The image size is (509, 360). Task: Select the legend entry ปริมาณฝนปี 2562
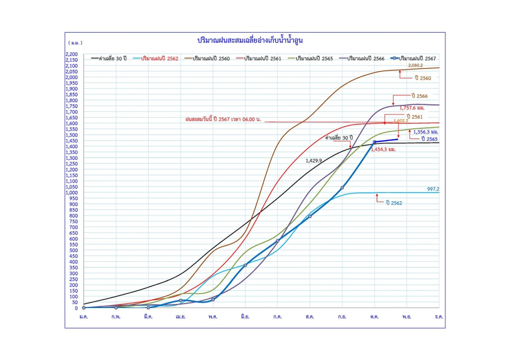click(x=159, y=59)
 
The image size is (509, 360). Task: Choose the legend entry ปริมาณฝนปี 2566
click(x=365, y=59)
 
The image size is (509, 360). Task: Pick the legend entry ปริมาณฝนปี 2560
click(x=211, y=59)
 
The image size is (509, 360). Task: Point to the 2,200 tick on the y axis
click(x=71, y=54)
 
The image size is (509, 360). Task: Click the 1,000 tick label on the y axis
click(x=71, y=192)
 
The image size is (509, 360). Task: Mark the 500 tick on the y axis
click(x=73, y=250)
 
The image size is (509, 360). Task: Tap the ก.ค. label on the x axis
click(x=277, y=317)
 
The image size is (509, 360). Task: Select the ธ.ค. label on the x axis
click(x=439, y=317)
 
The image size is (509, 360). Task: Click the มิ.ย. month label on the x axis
click(x=245, y=317)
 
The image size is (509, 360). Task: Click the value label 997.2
click(x=433, y=189)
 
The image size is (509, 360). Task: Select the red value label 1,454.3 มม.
click(x=383, y=150)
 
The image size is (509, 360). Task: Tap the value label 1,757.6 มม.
click(x=411, y=107)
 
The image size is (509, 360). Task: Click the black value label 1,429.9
click(x=314, y=160)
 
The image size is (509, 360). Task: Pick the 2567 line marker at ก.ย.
click(x=342, y=188)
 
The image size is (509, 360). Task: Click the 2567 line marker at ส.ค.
click(x=310, y=216)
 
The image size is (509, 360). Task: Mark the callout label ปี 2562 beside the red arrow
click(x=394, y=203)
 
